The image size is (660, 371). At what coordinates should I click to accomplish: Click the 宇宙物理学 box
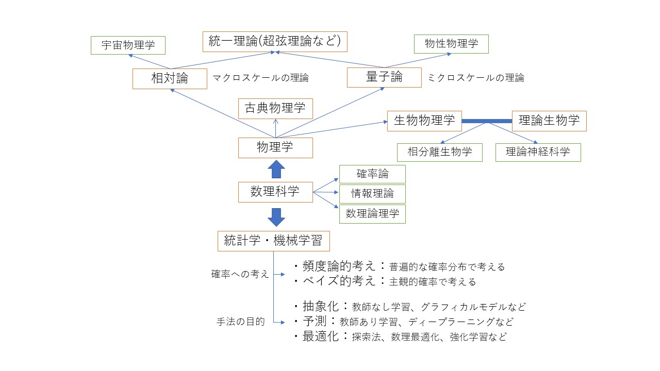pos(128,45)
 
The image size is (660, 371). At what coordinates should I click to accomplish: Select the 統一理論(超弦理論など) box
pos(275,41)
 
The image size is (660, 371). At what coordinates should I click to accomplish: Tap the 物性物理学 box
pos(451,44)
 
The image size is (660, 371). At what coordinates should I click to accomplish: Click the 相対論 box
pos(170,78)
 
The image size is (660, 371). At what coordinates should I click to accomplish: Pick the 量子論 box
pos(384,77)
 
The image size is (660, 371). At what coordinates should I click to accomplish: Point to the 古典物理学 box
pos(275,108)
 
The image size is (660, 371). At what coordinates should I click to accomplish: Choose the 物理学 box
pos(275,147)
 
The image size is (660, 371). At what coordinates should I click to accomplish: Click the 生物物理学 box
pos(424,121)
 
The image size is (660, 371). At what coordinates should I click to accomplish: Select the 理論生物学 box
pos(549,121)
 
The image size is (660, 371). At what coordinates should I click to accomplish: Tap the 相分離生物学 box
pos(440,152)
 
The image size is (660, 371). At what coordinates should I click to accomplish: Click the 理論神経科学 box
pos(538,152)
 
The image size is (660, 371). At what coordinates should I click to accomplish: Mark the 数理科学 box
pos(275,192)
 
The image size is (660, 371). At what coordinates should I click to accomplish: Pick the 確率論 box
pos(372,174)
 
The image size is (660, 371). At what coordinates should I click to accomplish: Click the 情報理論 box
pos(372,194)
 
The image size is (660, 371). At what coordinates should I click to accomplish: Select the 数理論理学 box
pos(372,213)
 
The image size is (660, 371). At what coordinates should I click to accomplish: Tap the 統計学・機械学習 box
pos(273,241)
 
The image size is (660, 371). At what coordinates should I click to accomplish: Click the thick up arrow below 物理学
pos(276,169)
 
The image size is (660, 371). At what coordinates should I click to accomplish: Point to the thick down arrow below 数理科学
pos(276,216)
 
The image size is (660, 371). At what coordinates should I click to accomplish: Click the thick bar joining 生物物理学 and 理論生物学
pos(486,121)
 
